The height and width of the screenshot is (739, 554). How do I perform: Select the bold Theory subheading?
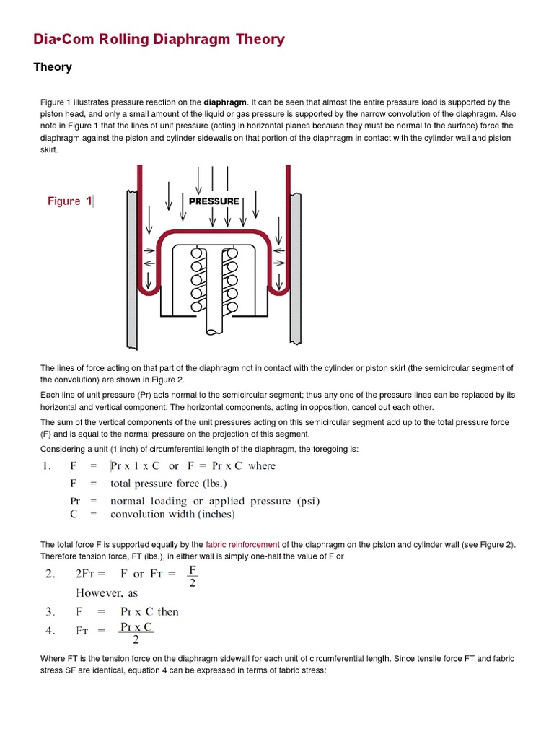(53, 67)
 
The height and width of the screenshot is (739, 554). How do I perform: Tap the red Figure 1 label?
(69, 201)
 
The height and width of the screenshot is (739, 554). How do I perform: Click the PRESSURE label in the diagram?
(214, 201)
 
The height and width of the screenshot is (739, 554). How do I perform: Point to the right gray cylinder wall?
(295, 267)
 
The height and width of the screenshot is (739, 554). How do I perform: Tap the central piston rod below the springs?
(214, 318)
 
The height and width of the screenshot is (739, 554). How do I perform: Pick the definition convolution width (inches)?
(172, 515)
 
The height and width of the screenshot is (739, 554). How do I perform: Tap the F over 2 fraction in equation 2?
(192, 576)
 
